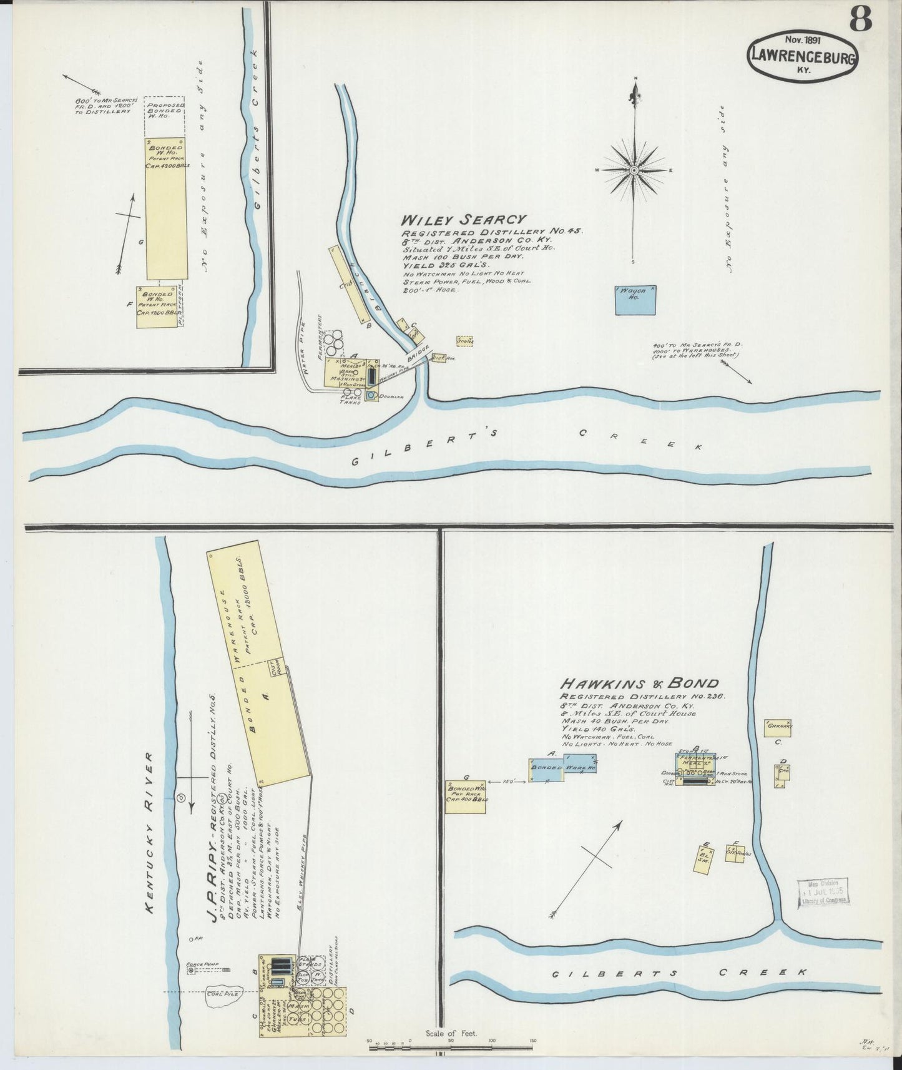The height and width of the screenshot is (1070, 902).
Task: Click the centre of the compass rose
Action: (x=634, y=170)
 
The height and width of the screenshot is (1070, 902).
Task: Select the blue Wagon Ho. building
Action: (x=635, y=300)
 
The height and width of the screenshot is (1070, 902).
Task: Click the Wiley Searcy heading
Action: (x=464, y=220)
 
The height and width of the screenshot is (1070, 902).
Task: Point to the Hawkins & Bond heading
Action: (x=639, y=684)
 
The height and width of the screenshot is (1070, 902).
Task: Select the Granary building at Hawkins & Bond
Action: (x=779, y=727)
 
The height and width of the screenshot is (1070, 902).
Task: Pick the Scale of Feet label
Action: (x=451, y=1033)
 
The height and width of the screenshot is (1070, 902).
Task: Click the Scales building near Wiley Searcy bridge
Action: (x=464, y=341)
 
